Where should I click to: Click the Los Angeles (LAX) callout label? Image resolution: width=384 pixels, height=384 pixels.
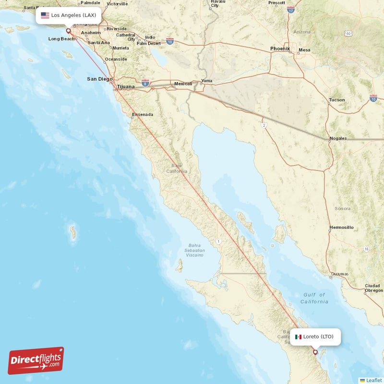[x=69, y=15]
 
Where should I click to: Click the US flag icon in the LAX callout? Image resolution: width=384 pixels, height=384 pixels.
[x=45, y=15]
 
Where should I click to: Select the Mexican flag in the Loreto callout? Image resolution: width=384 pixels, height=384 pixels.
[x=298, y=336]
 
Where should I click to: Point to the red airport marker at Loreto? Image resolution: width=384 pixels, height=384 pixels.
[x=315, y=352]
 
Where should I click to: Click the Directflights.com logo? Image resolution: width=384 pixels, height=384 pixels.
[x=36, y=360]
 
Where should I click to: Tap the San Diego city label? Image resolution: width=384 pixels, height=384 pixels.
[x=99, y=79]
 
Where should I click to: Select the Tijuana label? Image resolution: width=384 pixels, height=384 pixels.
[x=126, y=86]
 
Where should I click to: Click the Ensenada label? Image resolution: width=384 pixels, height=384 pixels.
[x=143, y=114]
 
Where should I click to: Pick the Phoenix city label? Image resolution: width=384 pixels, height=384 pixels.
[x=280, y=48]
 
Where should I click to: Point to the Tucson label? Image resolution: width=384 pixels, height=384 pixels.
[x=336, y=100]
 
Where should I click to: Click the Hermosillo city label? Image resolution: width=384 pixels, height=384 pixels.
[x=341, y=227]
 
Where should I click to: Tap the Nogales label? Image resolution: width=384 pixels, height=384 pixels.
[x=338, y=139]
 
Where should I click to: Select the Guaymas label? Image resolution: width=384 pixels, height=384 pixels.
[x=340, y=274]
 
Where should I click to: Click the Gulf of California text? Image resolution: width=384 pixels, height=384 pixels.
[x=315, y=298]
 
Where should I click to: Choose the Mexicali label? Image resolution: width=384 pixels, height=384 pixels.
[x=183, y=84]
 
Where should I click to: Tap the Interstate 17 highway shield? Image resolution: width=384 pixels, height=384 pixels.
[x=290, y=9]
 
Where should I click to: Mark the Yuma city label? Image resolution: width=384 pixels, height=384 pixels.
[x=206, y=81]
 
